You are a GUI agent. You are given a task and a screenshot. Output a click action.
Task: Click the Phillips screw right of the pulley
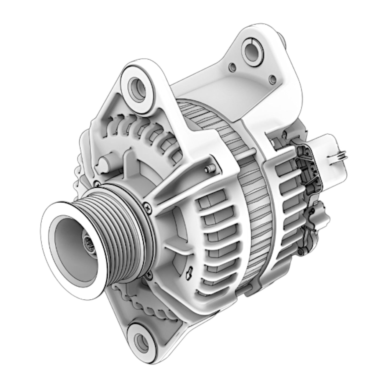(147, 206)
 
